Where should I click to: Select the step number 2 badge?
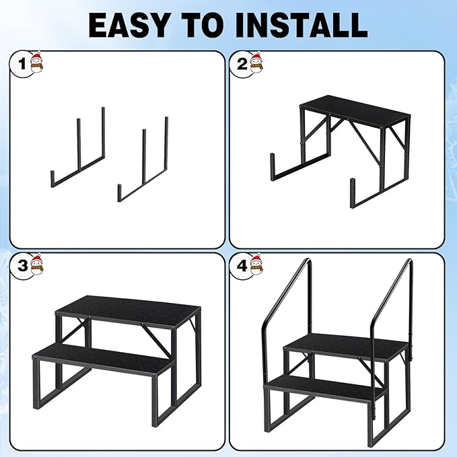pos(240,65)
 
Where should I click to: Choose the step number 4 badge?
pos(240,266)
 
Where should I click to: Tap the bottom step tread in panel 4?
pos(326,388)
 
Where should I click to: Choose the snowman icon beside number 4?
pos(256,265)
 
